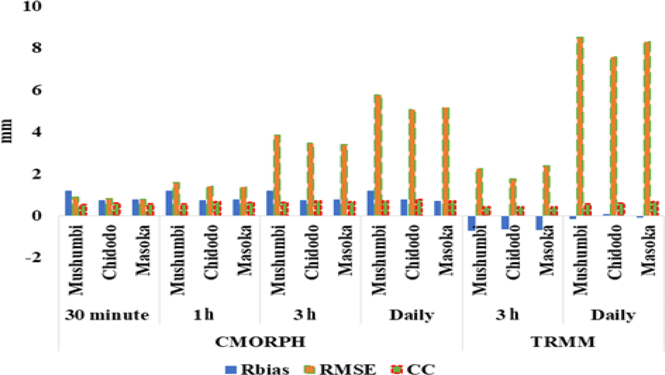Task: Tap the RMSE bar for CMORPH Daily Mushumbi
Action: tap(378, 155)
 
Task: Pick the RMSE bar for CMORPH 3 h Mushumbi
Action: tap(277, 175)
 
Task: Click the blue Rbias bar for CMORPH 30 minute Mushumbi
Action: tap(68, 203)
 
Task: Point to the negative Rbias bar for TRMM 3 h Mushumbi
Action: tap(471, 223)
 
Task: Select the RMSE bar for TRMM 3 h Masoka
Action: tap(546, 190)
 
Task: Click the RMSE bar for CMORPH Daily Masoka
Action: tap(446, 162)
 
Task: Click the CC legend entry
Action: tap(413, 369)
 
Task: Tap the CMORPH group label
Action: tap(260, 342)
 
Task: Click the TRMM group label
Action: tap(563, 342)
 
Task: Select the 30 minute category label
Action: tap(107, 315)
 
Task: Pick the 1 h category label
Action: tap(204, 315)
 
